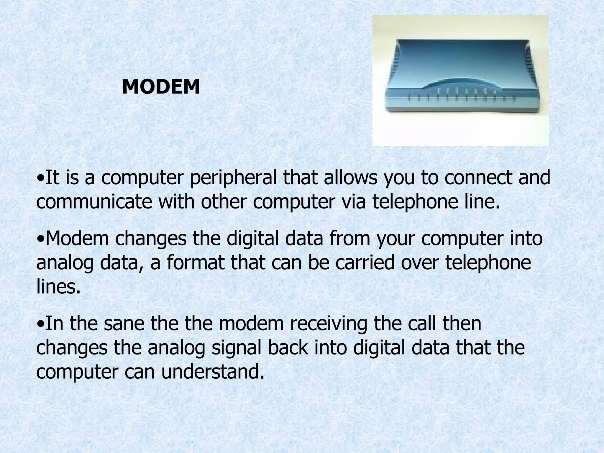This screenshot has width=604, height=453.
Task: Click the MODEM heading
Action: click(x=161, y=87)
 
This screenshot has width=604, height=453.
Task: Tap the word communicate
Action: click(x=94, y=202)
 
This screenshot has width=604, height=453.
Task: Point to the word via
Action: click(x=352, y=202)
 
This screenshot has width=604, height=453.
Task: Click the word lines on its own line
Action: click(x=58, y=287)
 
